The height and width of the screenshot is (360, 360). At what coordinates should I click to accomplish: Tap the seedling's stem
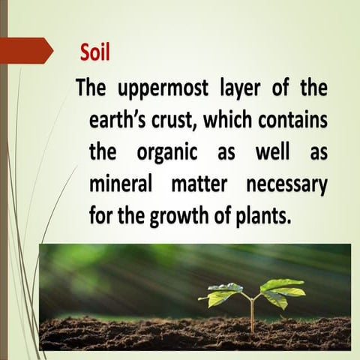coord(253,311)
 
